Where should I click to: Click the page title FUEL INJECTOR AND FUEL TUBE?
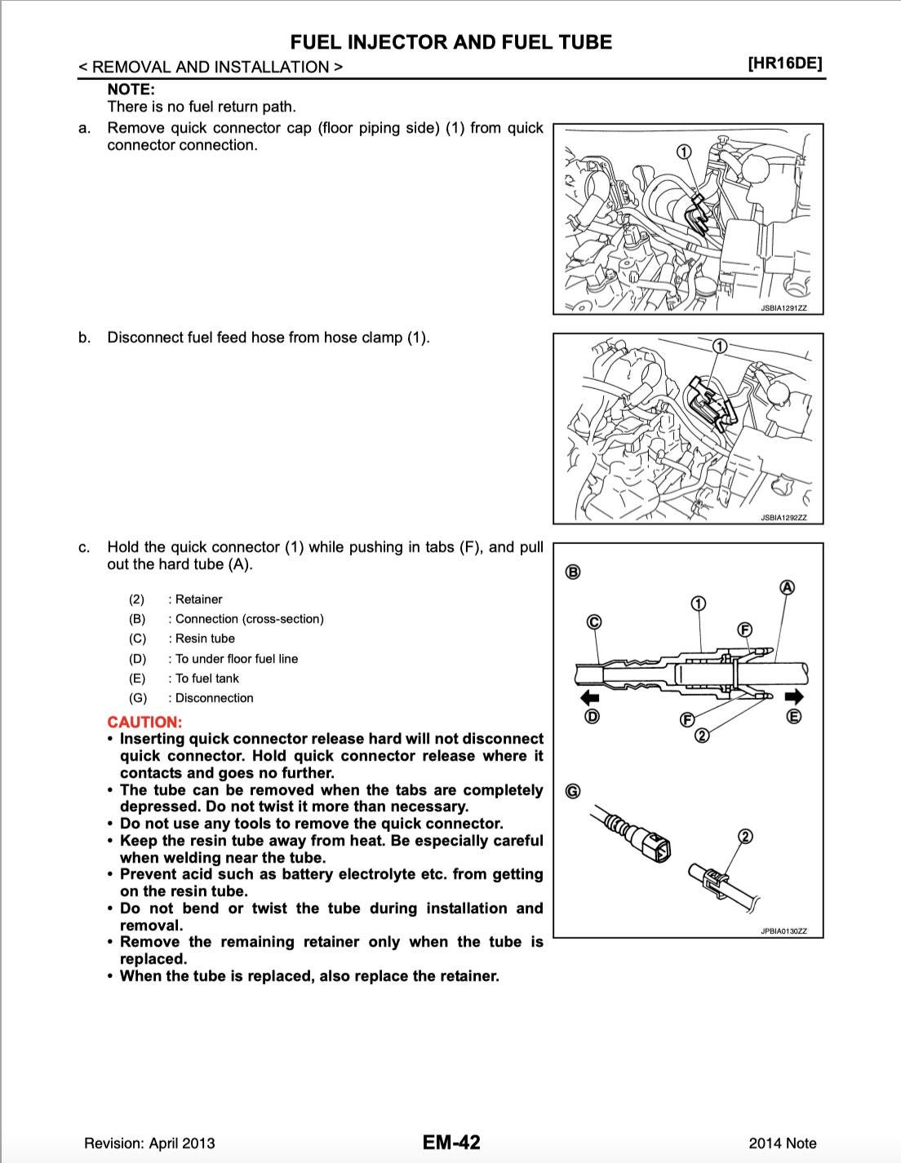click(450, 42)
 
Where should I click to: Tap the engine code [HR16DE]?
click(784, 64)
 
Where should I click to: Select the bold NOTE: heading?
click(131, 90)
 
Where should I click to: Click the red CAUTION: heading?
click(144, 722)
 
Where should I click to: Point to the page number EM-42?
click(451, 1142)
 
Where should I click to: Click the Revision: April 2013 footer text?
click(149, 1143)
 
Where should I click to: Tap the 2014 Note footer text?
click(782, 1143)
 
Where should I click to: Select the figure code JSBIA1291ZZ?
click(783, 308)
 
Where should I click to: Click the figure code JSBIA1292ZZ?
click(783, 517)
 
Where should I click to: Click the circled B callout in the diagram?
click(573, 572)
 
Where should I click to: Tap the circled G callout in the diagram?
click(573, 791)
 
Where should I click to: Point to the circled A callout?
click(788, 587)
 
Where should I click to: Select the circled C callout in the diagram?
click(594, 622)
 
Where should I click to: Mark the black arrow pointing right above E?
click(794, 696)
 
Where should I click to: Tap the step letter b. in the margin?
click(84, 338)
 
